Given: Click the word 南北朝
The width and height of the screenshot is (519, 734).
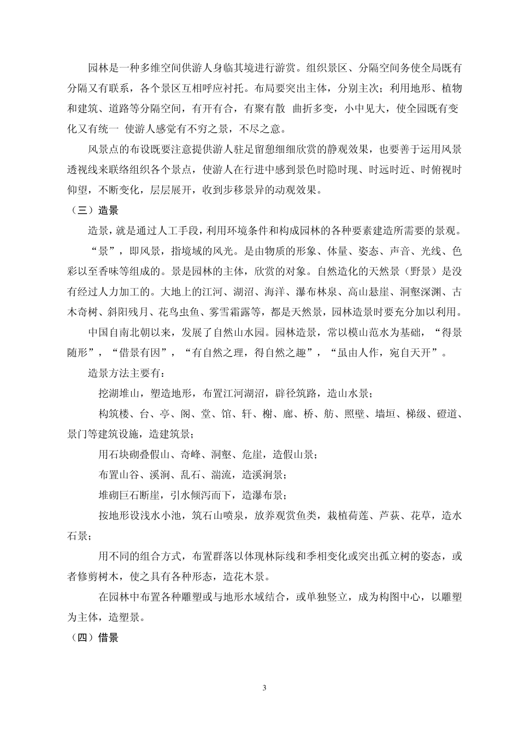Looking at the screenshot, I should coord(139,333).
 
